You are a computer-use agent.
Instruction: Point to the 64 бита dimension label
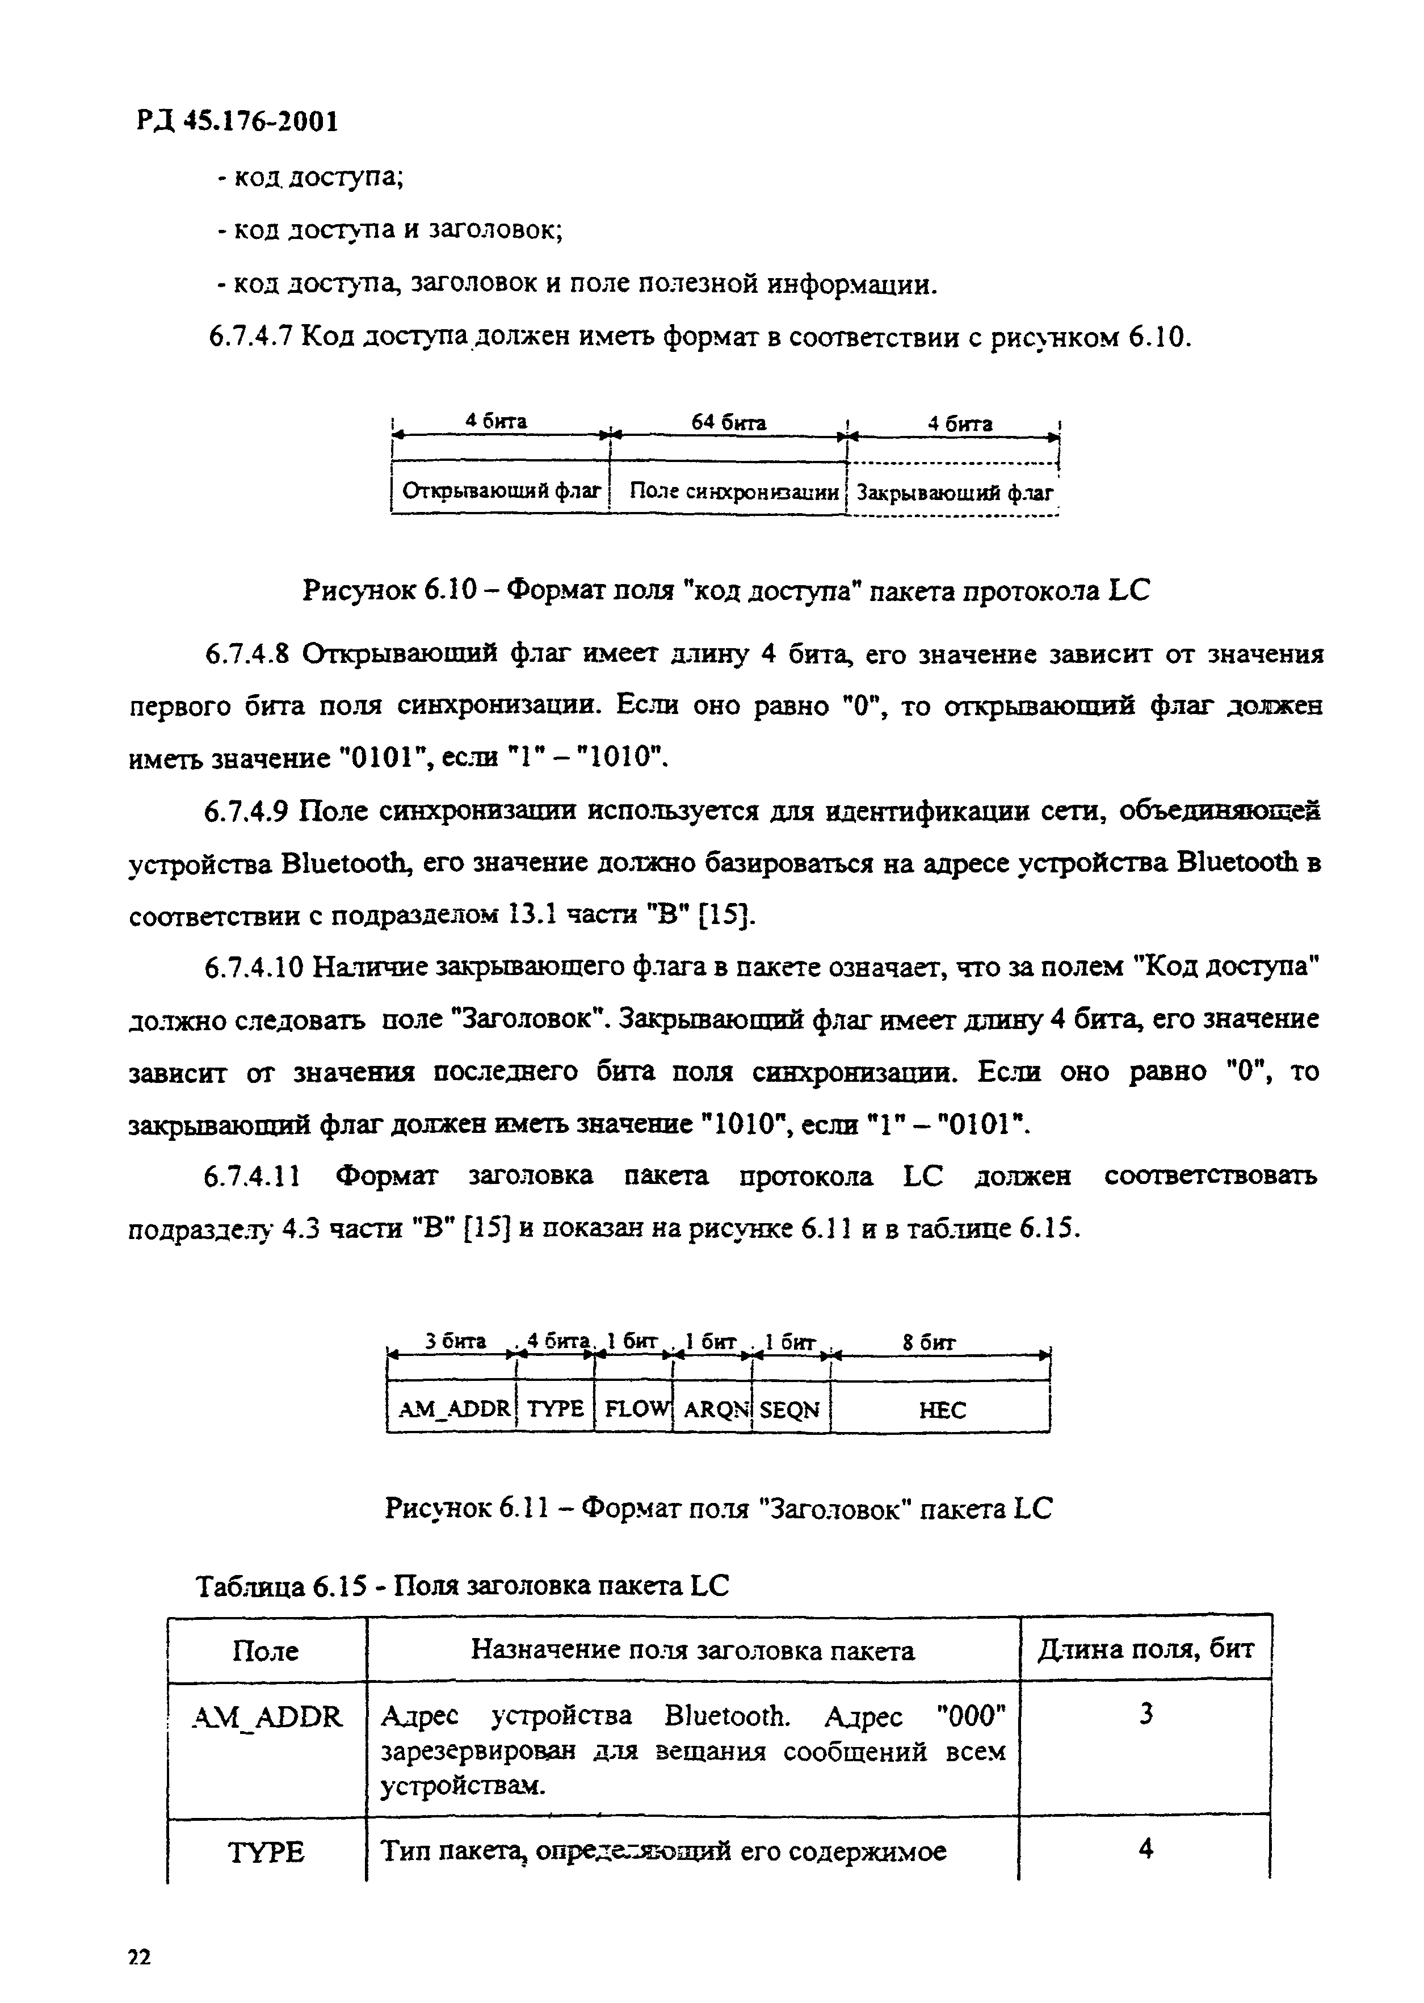point(729,423)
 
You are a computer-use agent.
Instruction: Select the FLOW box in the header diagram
point(633,1409)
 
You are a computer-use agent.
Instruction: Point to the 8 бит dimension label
point(930,1342)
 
